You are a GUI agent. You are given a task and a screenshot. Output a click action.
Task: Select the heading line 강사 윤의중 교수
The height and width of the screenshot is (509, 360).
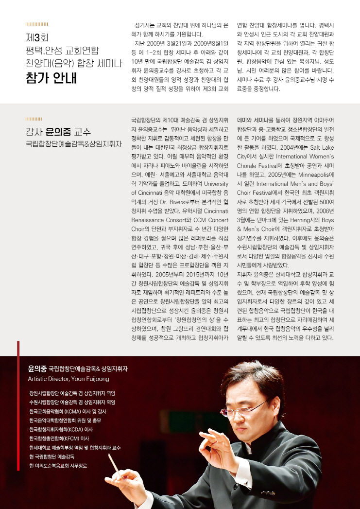tap(58, 132)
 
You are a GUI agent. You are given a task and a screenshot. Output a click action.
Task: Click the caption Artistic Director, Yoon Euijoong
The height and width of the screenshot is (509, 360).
tap(69, 379)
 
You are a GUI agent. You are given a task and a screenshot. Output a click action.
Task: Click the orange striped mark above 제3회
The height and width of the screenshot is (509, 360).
tap(36, 23)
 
